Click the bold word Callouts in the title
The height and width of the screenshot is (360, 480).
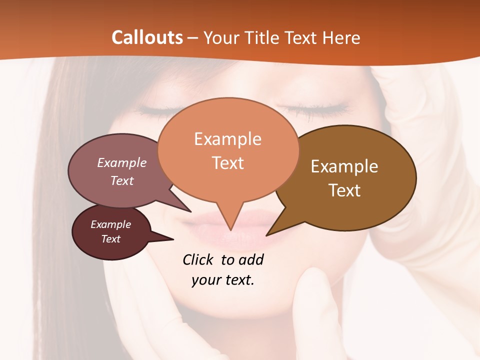(147, 37)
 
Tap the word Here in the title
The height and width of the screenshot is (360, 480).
(342, 37)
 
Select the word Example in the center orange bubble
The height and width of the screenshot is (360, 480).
(227, 139)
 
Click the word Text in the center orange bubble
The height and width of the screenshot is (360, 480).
(228, 163)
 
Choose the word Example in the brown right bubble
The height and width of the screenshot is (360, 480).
(344, 166)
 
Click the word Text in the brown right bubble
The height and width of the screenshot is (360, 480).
(344, 190)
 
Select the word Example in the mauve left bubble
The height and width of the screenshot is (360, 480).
(121, 162)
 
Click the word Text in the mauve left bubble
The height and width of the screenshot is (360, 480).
(121, 180)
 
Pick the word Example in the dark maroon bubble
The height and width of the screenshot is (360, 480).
(110, 224)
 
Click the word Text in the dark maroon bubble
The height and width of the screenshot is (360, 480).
(110, 239)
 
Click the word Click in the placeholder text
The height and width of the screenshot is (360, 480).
(198, 259)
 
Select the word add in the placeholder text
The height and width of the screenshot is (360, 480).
(250, 259)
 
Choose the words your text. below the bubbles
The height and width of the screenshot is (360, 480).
(223, 280)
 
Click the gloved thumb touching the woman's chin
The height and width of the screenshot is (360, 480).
(312, 295)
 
